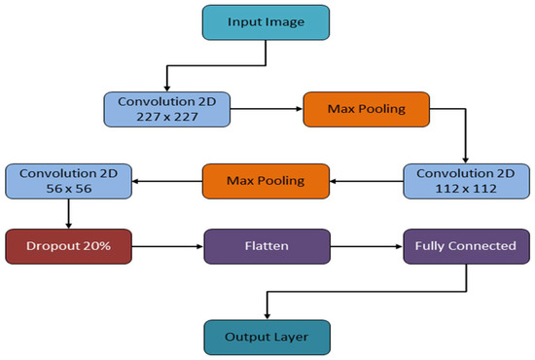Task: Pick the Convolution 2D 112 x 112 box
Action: tap(464, 179)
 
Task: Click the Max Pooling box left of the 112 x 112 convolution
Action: tap(266, 180)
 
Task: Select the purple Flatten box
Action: tap(266, 246)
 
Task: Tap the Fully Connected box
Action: tap(464, 246)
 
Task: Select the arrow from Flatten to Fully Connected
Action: tap(365, 246)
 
